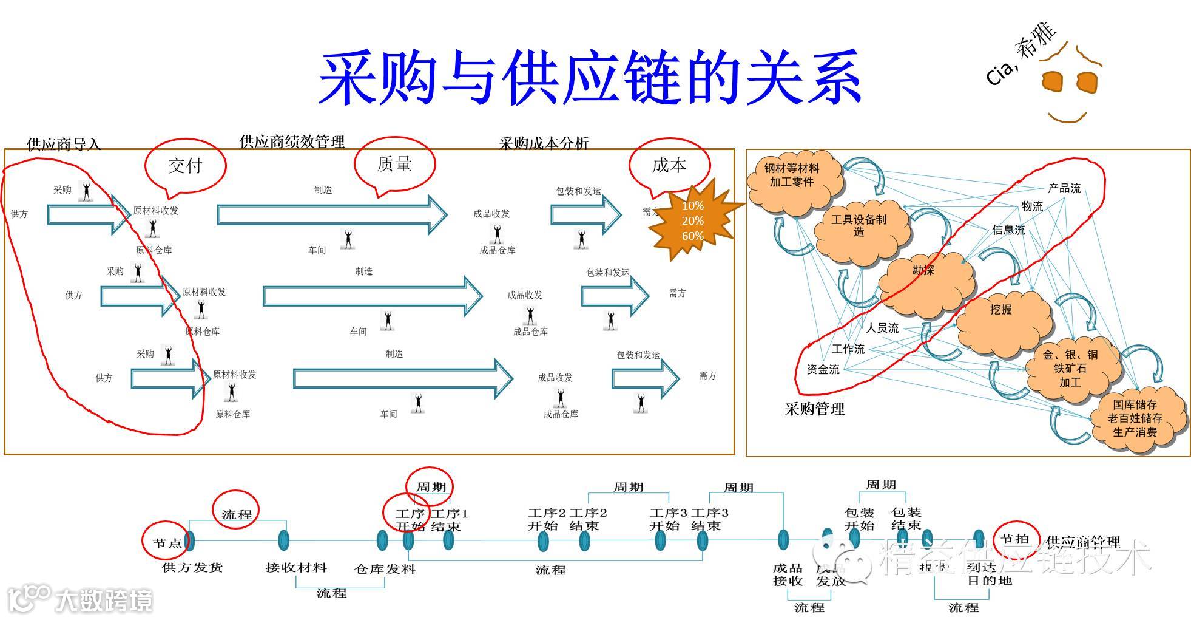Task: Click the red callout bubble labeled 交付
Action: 185,165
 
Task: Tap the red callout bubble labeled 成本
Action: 669,165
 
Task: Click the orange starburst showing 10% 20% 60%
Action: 693,220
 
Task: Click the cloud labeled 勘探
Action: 923,279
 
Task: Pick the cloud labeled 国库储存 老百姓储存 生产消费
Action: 1135,418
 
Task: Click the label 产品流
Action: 1065,188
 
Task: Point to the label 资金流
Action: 823,369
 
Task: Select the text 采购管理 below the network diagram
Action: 814,409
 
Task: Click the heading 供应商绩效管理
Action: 292,141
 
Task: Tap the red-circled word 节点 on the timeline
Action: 166,543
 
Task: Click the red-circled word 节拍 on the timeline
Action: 1014,539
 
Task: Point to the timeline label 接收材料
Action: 296,568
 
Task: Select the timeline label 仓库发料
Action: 385,569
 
